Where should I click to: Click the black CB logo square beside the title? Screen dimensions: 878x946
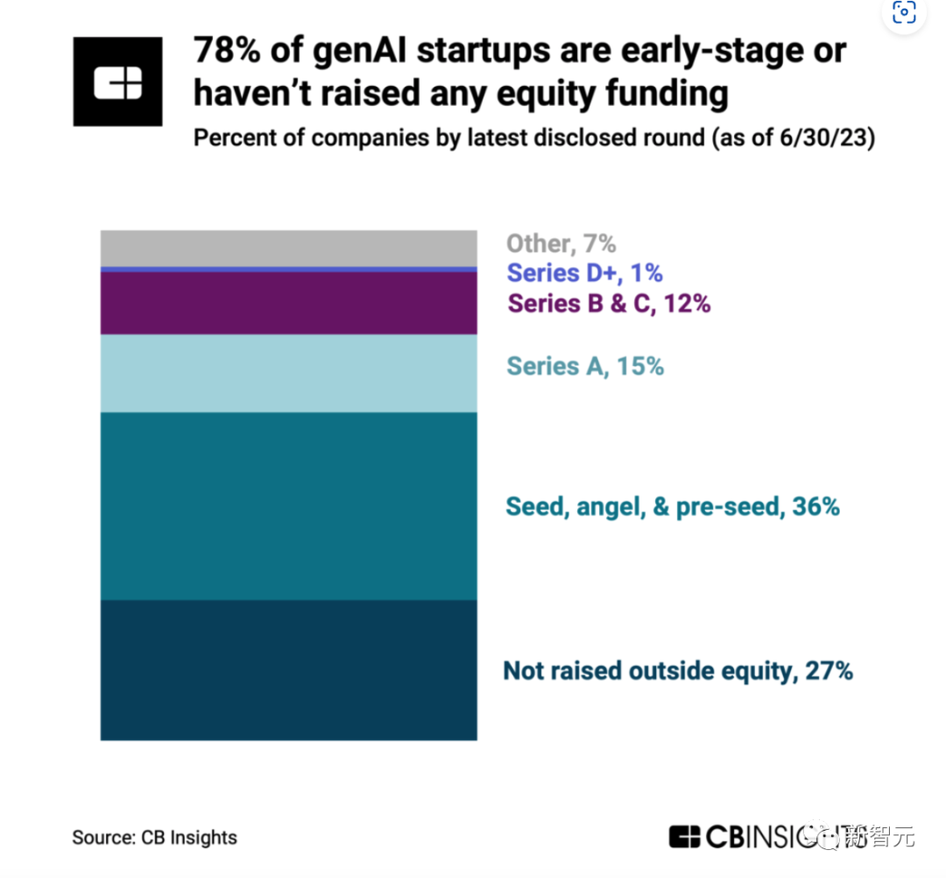click(x=117, y=81)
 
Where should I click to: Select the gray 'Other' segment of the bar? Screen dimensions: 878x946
click(x=288, y=248)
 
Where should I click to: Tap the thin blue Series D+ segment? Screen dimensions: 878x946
click(x=288, y=269)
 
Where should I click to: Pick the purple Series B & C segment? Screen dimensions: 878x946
click(x=288, y=303)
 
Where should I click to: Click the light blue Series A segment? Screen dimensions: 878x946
click(x=288, y=373)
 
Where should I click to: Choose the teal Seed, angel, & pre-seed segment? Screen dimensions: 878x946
click(x=288, y=506)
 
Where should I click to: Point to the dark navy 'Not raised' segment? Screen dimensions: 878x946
click(x=288, y=669)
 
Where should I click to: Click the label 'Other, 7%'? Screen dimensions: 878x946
click(x=561, y=244)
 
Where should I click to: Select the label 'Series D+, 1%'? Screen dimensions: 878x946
click(x=584, y=273)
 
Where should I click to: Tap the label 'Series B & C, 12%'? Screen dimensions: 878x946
click(x=609, y=303)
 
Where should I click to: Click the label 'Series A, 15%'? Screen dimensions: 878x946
click(x=585, y=365)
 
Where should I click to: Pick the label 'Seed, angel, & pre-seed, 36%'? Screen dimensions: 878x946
click(x=673, y=506)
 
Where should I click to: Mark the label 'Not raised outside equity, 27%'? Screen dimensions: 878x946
click(x=678, y=671)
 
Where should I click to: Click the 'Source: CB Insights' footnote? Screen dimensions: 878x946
click(x=154, y=837)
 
